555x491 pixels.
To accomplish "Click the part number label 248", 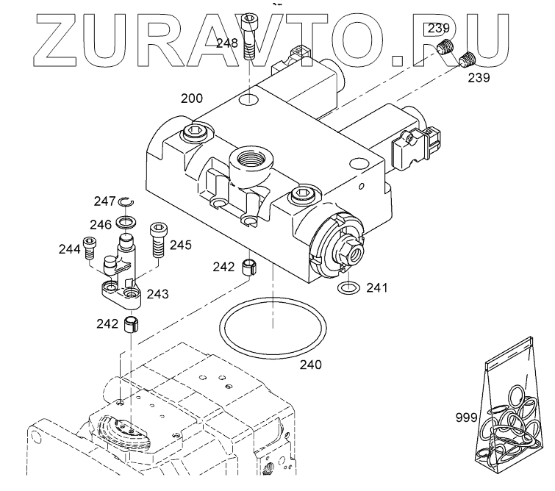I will (x=226, y=43).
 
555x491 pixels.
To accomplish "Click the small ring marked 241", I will (x=349, y=287).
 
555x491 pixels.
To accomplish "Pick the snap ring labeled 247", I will (x=125, y=202).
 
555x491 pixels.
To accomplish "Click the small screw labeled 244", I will (x=90, y=248).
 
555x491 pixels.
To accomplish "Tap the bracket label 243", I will (x=158, y=294).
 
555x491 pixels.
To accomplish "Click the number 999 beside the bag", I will (x=465, y=417).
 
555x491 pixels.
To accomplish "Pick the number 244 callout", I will (x=69, y=249).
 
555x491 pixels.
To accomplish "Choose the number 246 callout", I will (x=101, y=224).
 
